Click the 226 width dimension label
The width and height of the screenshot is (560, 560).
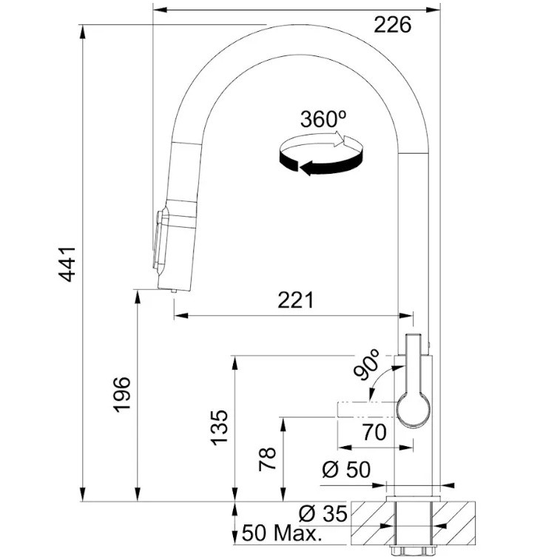393,25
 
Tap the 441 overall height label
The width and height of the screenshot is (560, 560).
67,264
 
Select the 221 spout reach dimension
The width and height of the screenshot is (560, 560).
295,300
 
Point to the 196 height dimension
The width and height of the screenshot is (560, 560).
122,394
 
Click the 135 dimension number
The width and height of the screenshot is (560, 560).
219,428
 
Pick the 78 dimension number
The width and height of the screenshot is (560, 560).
268,459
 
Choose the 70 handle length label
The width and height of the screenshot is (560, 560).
374,433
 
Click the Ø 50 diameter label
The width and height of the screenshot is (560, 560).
346,470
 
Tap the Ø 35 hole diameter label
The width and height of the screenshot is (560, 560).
323,514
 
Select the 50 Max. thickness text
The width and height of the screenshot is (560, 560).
280,533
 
